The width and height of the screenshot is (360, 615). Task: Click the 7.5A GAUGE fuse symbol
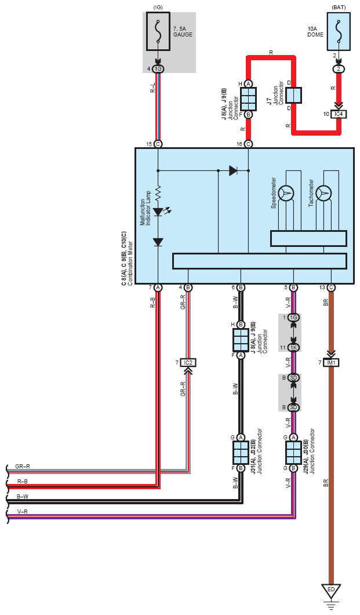(x=158, y=31)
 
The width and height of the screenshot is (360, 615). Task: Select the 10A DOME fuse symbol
(x=339, y=31)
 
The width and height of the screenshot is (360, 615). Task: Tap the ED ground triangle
(x=331, y=591)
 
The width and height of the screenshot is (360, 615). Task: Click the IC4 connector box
(x=339, y=114)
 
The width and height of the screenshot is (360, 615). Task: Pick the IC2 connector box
(x=188, y=363)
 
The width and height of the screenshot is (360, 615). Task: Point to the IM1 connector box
(x=332, y=363)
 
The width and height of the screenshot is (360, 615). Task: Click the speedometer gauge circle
(x=286, y=193)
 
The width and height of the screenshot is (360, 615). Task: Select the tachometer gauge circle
(x=323, y=193)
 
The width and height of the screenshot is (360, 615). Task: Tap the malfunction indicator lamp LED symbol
(x=159, y=212)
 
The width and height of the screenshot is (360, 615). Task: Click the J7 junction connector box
(x=293, y=95)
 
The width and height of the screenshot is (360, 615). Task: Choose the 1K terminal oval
(x=293, y=348)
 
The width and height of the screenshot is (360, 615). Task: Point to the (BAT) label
(x=339, y=7)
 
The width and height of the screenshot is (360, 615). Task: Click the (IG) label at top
(x=158, y=7)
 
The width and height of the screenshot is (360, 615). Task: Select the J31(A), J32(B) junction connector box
(x=241, y=452)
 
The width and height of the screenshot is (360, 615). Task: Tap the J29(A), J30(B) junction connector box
(x=293, y=452)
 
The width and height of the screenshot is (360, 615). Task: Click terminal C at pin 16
(x=248, y=144)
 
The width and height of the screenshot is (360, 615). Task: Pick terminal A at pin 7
(x=158, y=288)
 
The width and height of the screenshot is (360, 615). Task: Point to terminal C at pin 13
(x=331, y=288)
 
